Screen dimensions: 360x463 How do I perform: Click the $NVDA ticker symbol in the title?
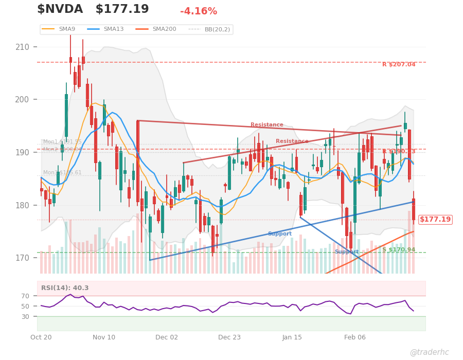60,10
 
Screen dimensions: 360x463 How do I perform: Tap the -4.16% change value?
199,11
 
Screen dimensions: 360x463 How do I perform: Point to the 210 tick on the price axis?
23,47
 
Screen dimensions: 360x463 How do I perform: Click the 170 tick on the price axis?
23,258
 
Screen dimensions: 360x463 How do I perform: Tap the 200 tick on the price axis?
23,100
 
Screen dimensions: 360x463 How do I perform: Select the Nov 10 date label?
104,337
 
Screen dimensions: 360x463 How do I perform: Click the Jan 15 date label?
292,337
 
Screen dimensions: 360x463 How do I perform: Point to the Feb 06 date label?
355,337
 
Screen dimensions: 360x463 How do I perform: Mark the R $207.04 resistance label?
399,65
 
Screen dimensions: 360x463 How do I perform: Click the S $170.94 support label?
399,250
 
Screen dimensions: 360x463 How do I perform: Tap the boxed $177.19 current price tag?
435,220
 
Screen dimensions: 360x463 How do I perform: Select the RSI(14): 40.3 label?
65,288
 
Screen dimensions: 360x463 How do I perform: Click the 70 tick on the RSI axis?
26,296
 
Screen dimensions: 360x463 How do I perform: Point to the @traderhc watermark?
429,352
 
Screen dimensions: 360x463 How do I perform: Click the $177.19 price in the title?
122,10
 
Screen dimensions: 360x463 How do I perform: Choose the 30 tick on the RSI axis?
26,317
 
